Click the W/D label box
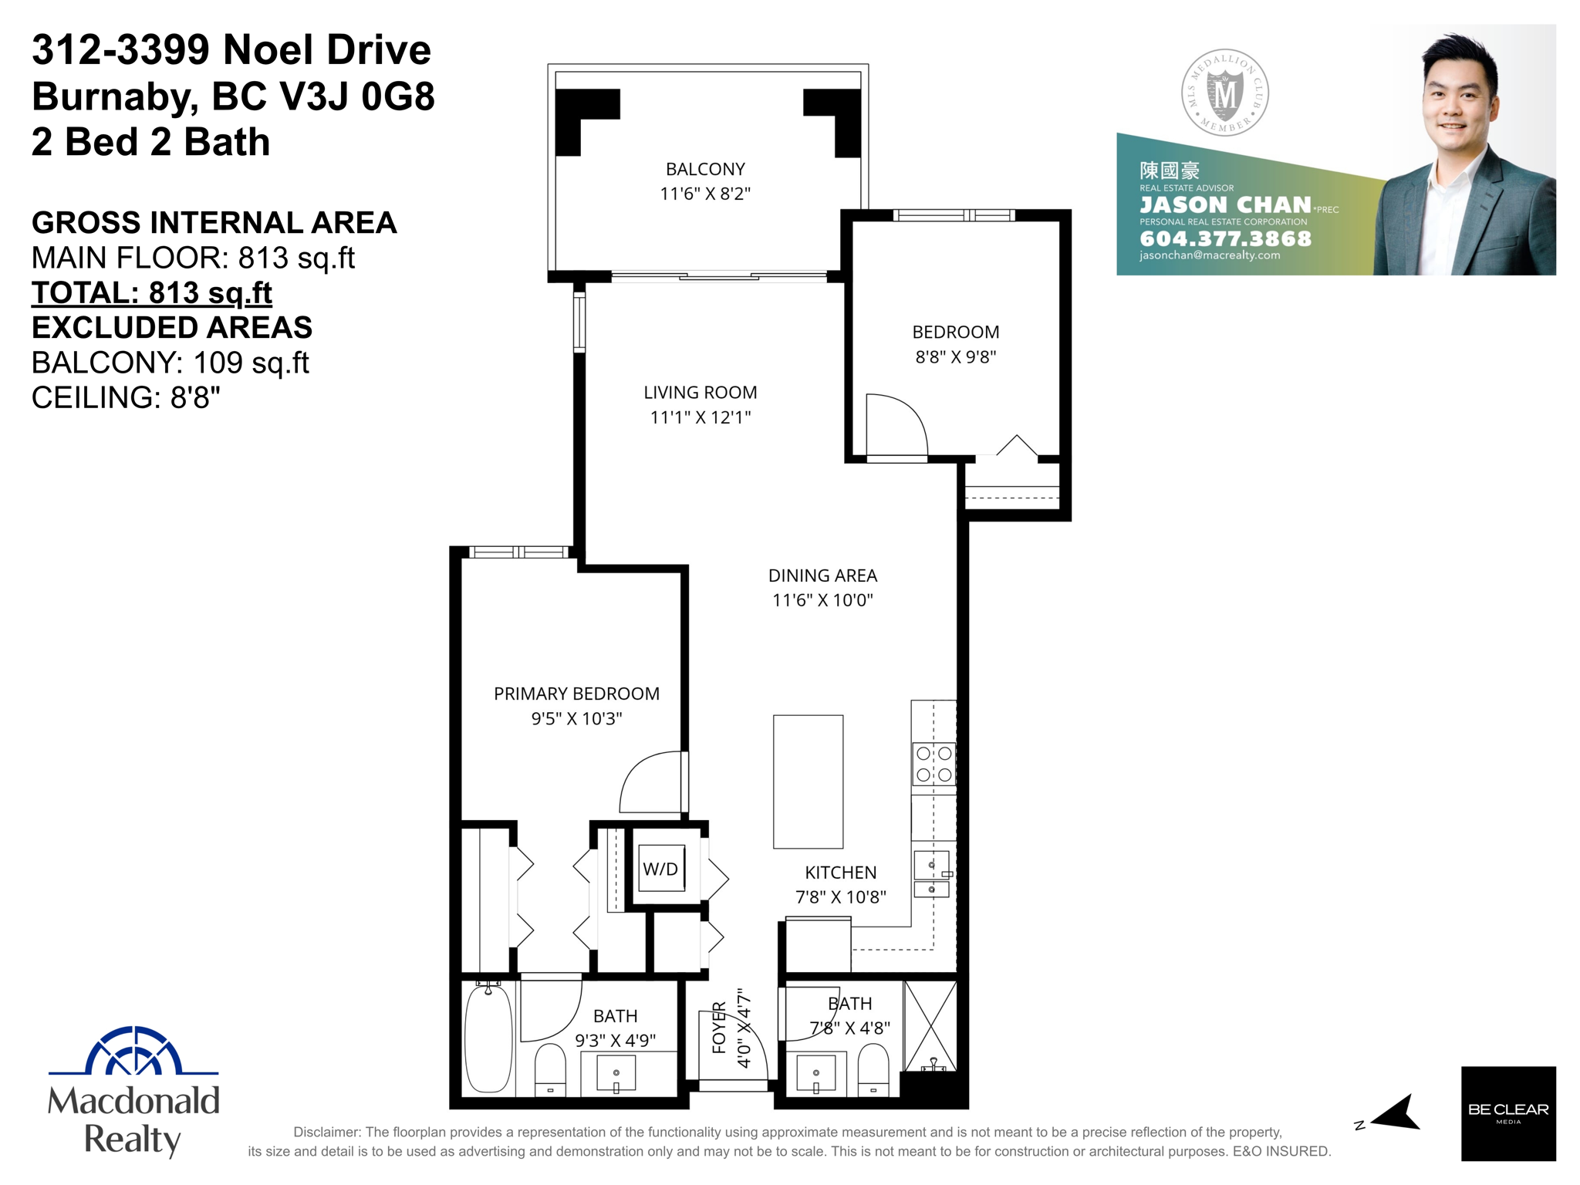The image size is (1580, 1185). [661, 869]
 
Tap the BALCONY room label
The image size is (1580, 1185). [705, 169]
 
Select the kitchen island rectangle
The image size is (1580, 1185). [808, 781]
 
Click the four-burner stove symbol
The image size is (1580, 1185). [933, 764]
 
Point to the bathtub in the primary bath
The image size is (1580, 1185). [488, 1038]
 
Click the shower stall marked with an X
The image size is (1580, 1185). [930, 1025]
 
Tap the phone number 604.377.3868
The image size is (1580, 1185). [1225, 238]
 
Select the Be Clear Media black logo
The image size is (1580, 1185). [1507, 1112]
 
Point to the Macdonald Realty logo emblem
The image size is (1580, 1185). [133, 1051]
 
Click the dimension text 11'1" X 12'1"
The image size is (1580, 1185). [701, 417]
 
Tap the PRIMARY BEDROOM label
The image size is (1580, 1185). [576, 694]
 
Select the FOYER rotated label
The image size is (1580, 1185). [719, 1027]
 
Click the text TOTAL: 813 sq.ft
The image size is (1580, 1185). [151, 292]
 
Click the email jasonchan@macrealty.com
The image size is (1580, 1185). [1209, 255]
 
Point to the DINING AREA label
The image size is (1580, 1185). [822, 576]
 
